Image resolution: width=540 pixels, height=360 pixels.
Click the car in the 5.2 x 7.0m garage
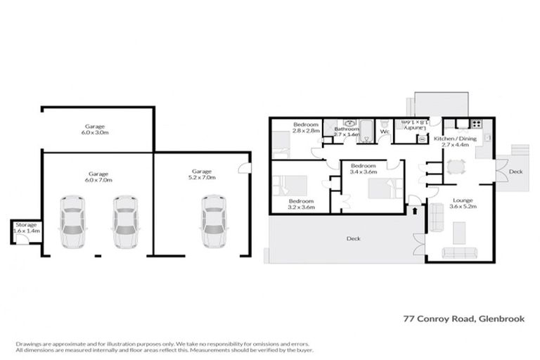[x=213, y=221]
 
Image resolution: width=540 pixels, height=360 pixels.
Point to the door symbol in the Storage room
[x=23, y=239]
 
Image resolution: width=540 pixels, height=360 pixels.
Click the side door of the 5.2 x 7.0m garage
[x=243, y=167]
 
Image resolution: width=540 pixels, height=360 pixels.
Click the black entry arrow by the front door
[x=414, y=209]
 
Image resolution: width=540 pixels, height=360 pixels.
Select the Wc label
[x=385, y=131]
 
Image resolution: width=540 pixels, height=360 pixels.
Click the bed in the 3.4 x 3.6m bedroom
[x=385, y=188]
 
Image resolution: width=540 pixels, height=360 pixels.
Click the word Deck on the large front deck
[x=354, y=239]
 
